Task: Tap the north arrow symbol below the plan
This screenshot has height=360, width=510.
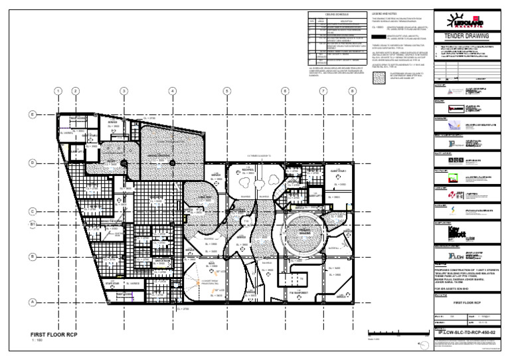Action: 423,344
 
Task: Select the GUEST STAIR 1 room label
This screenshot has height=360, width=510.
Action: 321,172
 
